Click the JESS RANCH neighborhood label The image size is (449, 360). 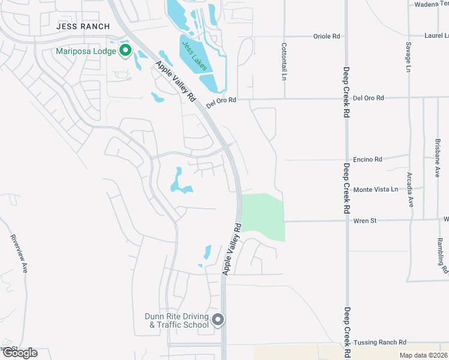tap(83, 26)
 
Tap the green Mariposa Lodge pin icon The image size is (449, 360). tap(125, 51)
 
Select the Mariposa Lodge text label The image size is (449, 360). tap(86, 51)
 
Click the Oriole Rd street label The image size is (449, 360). tap(327, 37)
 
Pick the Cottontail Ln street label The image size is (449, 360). tap(284, 62)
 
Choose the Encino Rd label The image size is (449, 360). tap(369, 160)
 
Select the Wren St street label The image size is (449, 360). tap(365, 221)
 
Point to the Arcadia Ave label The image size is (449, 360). tap(410, 190)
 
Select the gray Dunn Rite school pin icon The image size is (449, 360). tap(218, 320)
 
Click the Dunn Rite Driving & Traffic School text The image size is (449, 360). tap(176, 320)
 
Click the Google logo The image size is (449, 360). tap(20, 352)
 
